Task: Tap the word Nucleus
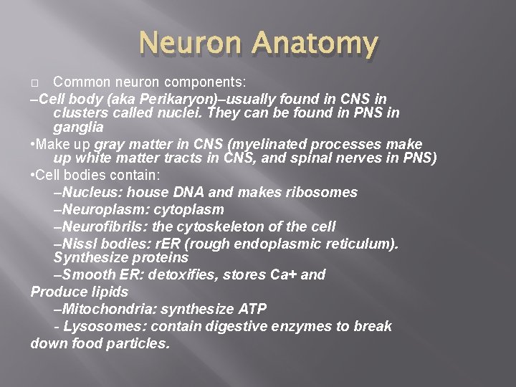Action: [89, 192]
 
